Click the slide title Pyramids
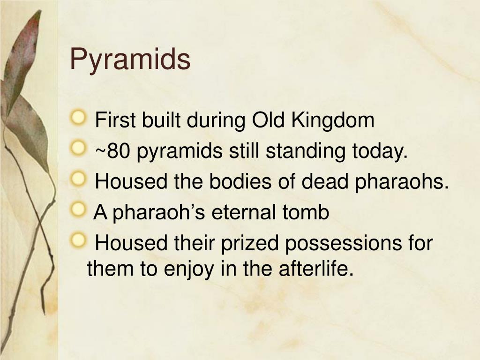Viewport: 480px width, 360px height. [130, 60]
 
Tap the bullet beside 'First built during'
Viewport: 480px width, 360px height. [78, 118]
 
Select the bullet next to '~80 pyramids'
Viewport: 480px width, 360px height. [78, 148]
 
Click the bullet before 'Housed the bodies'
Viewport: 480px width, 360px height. [78, 179]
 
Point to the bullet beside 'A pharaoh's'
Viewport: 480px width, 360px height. [78, 210]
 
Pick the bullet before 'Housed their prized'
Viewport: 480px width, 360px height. [78, 240]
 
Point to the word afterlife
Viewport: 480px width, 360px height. [316, 268]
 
